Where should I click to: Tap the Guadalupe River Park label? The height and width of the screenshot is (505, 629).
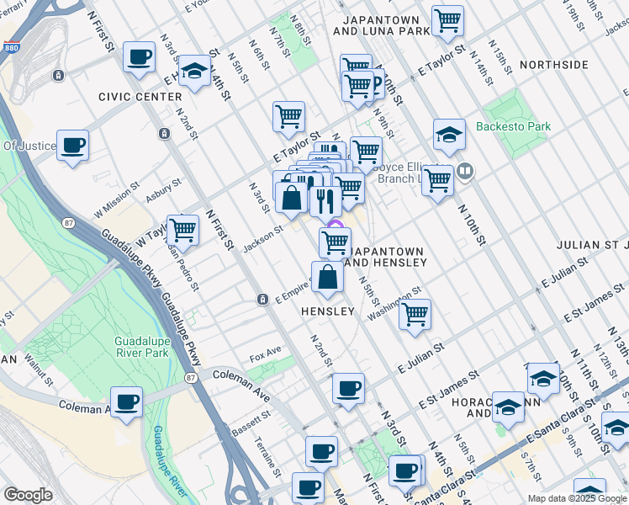[x=142, y=346]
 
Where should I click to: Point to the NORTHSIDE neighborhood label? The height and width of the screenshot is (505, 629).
[x=553, y=65]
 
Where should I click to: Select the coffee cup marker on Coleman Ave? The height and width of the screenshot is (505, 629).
[x=126, y=401]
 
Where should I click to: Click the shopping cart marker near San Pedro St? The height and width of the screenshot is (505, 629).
[x=182, y=229]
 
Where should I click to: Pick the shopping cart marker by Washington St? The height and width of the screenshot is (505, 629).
[x=415, y=314]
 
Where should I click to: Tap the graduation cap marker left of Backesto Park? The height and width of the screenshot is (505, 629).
[x=449, y=134]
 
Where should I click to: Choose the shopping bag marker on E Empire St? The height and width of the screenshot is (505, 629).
[x=327, y=276]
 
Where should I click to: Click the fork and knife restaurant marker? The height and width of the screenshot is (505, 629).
[x=324, y=201]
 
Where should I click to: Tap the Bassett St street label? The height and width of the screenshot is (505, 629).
[x=251, y=423]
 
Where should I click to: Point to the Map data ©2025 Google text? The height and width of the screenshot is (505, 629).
[x=577, y=498]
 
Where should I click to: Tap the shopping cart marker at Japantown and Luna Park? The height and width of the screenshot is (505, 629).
[x=447, y=20]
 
